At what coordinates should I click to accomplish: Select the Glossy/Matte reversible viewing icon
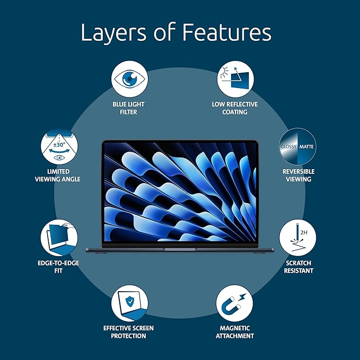pyautogui.click(x=298, y=146)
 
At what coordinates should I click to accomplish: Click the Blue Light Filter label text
pyautogui.click(x=128, y=108)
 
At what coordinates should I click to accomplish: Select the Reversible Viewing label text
pyautogui.click(x=298, y=175)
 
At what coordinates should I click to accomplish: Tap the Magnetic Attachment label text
pyautogui.click(x=235, y=332)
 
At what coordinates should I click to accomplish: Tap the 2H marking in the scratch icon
pyautogui.click(x=303, y=232)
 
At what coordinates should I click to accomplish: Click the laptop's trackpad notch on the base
pyautogui.click(x=180, y=248)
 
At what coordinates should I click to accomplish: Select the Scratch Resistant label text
pyautogui.click(x=298, y=267)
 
